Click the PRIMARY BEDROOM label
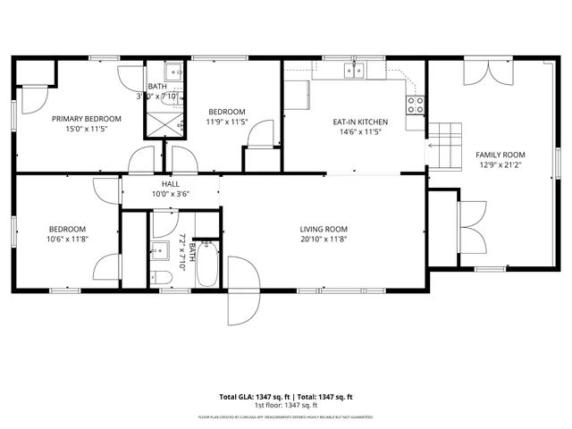point(86,119)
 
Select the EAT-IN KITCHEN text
point(359,121)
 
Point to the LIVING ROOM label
point(323,229)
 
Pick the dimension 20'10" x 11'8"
point(323,240)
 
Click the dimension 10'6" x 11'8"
point(67,239)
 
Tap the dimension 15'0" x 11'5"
point(86,130)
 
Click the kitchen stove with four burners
point(416,105)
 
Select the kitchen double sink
point(356,72)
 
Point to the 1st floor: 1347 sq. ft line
point(286,405)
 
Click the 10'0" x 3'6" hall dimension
point(170,193)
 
